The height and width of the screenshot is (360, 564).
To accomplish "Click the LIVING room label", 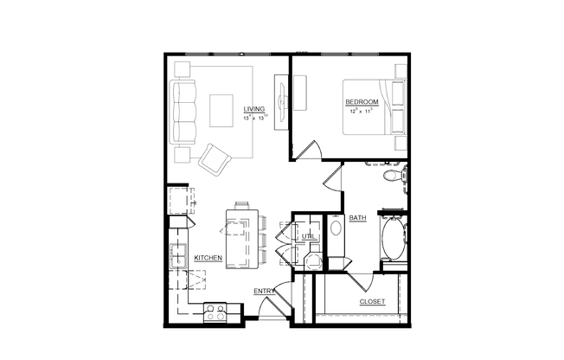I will click(253, 109).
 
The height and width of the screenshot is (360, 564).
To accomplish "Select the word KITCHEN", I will click(208, 258).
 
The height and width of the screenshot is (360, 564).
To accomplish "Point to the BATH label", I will click(357, 218).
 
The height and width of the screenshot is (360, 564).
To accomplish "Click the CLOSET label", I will click(372, 301).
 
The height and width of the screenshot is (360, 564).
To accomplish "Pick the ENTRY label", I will click(263, 291).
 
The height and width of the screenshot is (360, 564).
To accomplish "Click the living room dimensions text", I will click(256, 118).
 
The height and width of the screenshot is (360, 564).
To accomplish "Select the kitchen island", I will click(241, 236).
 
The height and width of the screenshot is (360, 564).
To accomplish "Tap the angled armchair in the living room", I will click(215, 159).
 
